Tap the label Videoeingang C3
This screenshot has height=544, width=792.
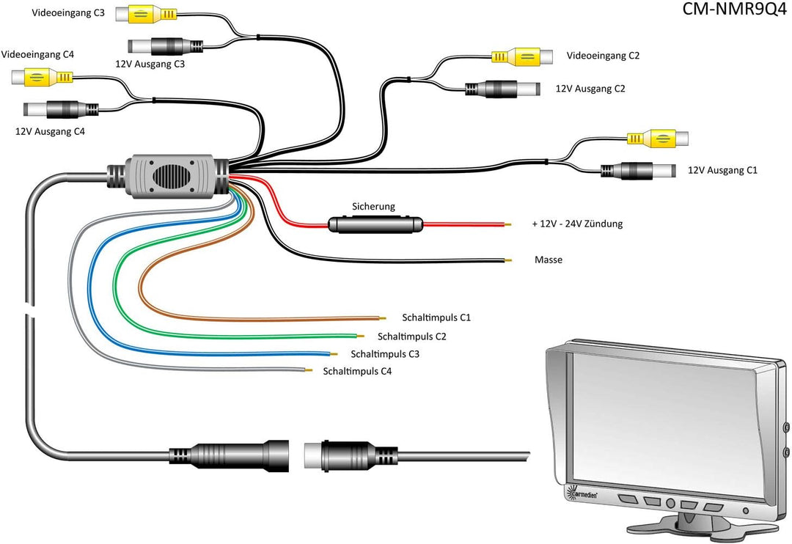(68, 13)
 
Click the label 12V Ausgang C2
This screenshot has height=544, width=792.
(590, 89)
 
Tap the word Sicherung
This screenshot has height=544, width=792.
(373, 207)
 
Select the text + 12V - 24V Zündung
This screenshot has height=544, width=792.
(577, 224)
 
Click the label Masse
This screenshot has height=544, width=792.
(549, 260)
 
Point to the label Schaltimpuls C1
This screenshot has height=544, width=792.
(436, 317)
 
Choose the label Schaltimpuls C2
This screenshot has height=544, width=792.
(411, 337)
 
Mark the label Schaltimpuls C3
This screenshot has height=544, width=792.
(385, 354)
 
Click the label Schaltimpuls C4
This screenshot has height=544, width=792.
(357, 372)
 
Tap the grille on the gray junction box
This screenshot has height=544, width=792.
(173, 177)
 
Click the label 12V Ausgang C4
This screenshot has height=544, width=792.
(50, 131)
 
